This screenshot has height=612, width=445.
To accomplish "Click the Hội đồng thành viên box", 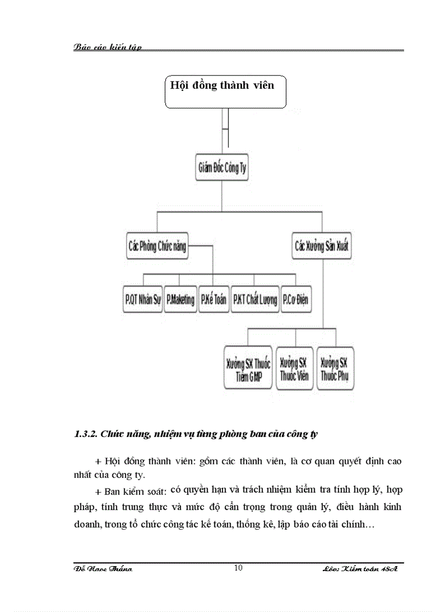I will (225, 92).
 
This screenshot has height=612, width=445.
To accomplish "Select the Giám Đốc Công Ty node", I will (221, 167).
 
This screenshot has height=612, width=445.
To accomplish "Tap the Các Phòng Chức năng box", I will (157, 246).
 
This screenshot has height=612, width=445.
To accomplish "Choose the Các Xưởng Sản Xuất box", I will (322, 246).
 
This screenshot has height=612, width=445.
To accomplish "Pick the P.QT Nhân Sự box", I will (143, 300).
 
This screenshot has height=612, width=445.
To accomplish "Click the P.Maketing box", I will (180, 300).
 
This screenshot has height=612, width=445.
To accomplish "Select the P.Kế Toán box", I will (213, 300).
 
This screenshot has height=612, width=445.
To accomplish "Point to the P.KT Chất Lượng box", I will (255, 300).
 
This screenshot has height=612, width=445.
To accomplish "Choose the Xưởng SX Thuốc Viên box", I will (294, 368).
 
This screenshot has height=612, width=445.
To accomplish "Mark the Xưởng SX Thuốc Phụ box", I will (335, 368).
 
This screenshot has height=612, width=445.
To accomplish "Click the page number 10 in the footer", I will (238, 568).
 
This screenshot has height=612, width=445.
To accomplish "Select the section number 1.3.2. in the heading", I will (85, 434).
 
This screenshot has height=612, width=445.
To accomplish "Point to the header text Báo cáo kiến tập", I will (107, 47).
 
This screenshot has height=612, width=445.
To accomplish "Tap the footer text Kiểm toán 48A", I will (368, 569).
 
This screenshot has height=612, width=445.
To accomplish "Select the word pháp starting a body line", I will (84, 507).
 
